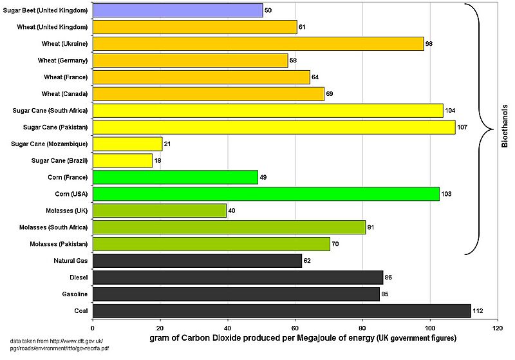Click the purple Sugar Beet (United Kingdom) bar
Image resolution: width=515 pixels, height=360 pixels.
pyautogui.click(x=178, y=10)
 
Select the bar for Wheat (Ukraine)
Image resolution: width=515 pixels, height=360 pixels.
pyautogui.click(x=258, y=44)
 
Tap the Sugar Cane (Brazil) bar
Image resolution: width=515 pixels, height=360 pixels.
pyautogui.click(x=122, y=160)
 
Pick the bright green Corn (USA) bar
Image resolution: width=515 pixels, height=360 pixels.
pyautogui.click(x=266, y=194)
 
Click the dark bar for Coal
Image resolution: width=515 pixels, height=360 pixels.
pyautogui.click(x=281, y=311)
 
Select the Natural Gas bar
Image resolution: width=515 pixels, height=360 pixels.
pyautogui.click(x=197, y=261)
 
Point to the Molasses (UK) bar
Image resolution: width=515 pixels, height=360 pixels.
pyautogui.click(x=160, y=211)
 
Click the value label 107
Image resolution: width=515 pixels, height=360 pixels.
pyautogui.click(x=462, y=127)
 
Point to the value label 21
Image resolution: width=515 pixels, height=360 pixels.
pyautogui.click(x=168, y=144)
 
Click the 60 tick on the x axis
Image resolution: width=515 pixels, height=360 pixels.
pyautogui.click(x=295, y=327)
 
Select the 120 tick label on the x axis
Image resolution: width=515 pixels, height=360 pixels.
pyautogui.click(x=497, y=327)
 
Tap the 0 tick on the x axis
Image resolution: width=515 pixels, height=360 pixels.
pyautogui.click(x=93, y=327)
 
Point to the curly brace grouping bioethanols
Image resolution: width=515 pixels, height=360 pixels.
pyautogui.click(x=480, y=129)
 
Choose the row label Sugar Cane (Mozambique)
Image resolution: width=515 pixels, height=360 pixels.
pyautogui.click(x=50, y=144)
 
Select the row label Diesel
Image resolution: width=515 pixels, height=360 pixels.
pyautogui.click(x=78, y=278)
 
